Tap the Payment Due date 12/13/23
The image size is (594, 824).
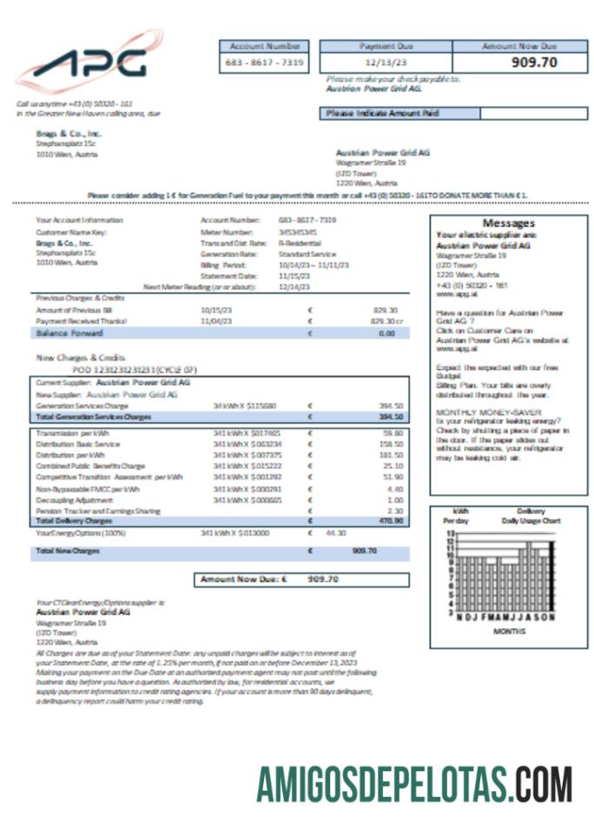coord(387,63)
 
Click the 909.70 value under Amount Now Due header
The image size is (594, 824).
coord(533,63)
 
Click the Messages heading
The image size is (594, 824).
coord(508,223)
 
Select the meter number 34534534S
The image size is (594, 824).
coord(297,233)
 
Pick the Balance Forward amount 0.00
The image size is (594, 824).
coord(386,333)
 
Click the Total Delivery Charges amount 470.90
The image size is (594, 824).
coord(390,522)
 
